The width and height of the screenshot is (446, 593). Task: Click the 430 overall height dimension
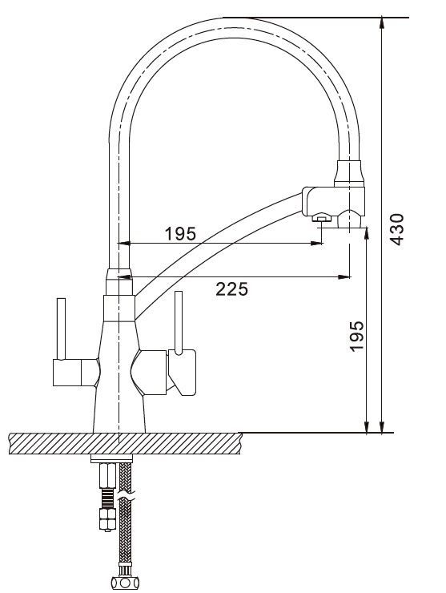tap(397, 229)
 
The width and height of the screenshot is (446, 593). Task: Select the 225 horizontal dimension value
tap(231, 289)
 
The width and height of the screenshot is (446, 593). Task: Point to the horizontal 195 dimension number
tap(180, 234)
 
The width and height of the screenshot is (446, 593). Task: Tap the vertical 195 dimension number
tap(356, 337)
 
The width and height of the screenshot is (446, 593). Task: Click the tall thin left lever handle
tap(61, 329)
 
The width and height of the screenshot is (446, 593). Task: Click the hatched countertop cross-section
tap(126, 444)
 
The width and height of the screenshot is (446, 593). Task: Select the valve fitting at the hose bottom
tap(125, 582)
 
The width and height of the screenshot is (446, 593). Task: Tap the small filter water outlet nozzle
tap(321, 218)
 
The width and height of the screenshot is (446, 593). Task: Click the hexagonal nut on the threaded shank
tap(107, 518)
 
